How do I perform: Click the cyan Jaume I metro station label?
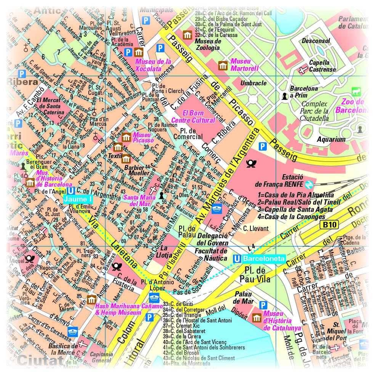pyautogui.click(x=78, y=199)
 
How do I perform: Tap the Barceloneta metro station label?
pyautogui.click(x=264, y=259)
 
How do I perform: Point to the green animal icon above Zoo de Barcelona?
pyautogui.click(x=357, y=91)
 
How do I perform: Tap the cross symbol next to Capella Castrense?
pyautogui.click(x=303, y=70)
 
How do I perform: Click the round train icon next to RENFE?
pyautogui.click(x=309, y=184)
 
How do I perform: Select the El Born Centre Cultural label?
pyautogui.click(x=199, y=117)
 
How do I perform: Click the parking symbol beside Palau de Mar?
pyautogui.click(x=263, y=305)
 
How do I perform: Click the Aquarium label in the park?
pyautogui.click(x=331, y=139)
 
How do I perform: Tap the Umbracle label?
pyautogui.click(x=253, y=83)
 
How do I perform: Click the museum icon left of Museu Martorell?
pyautogui.click(x=223, y=65)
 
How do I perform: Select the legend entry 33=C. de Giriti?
pyautogui.click(x=178, y=304)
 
